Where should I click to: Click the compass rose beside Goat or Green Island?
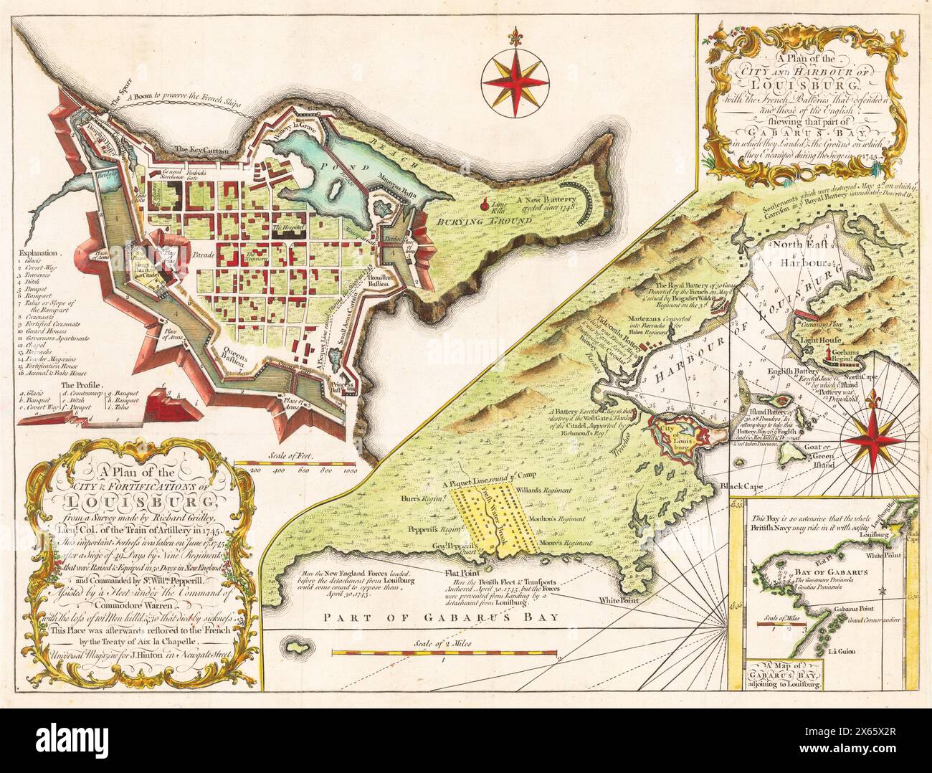(870, 435)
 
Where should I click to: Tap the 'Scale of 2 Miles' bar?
(446, 652)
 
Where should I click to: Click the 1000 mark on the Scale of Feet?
(350, 471)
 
